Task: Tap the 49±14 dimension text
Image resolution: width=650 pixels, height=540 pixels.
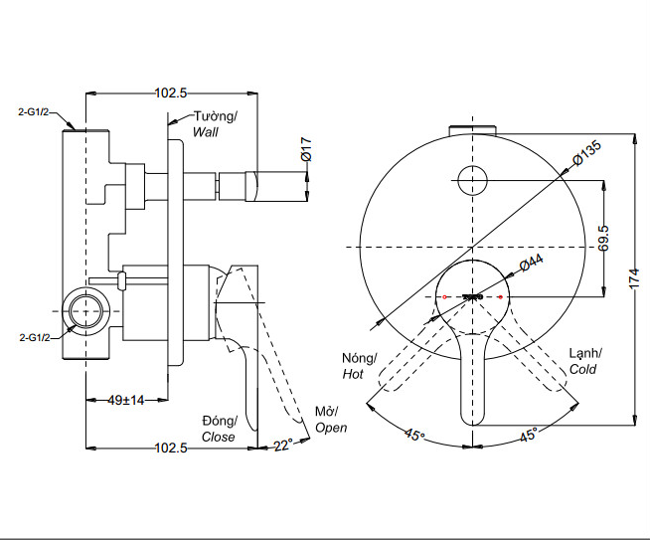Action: [x=126, y=400]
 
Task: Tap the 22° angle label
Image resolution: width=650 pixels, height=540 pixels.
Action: [x=283, y=446]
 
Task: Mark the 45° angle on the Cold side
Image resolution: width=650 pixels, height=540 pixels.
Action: [x=527, y=435]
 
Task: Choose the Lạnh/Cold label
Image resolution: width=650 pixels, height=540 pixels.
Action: [x=585, y=361]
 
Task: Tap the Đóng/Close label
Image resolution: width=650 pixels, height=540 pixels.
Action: [x=219, y=429]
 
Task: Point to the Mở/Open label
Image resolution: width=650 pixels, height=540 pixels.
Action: [x=329, y=420]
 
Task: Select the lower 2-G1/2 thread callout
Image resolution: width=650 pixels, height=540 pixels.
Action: [x=36, y=338]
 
